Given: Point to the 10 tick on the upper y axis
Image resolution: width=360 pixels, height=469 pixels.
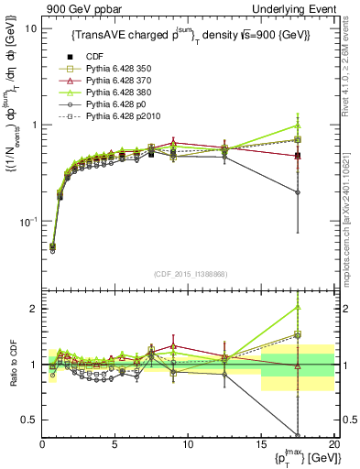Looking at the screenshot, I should (30, 28).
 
